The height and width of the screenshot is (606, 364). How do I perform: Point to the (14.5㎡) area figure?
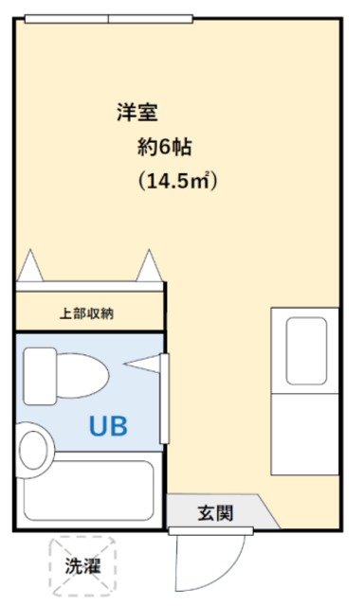177,180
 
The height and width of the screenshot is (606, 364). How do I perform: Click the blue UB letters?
108,425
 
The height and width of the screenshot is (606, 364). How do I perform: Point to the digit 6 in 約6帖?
168,147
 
